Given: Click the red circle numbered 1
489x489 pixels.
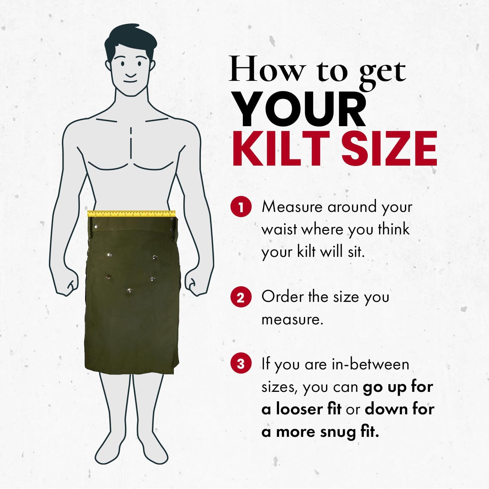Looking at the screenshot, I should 241,207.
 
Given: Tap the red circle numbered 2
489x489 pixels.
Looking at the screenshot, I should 241,297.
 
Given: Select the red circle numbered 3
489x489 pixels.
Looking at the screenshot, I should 241,363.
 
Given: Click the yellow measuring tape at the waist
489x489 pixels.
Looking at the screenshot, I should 131,214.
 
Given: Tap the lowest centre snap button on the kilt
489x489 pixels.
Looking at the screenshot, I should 130,290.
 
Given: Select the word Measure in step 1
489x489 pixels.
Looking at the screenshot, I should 292,207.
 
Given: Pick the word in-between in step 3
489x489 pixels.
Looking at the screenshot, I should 370,364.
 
